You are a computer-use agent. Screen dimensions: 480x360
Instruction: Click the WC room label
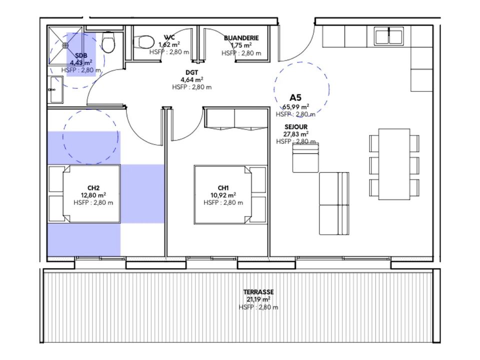pos(169,37)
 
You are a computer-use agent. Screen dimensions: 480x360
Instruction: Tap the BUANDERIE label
pos(241,38)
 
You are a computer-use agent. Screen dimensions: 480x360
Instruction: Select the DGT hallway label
pos(192,72)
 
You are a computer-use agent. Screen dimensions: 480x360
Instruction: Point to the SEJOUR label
pos(296,126)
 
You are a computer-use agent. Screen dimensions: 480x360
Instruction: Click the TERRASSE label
pos(258,292)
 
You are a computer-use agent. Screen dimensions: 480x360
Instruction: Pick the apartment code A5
pos(295,97)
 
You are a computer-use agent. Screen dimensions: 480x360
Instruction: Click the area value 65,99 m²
pos(295,107)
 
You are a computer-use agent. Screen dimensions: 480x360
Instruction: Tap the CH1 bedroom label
pos(223,188)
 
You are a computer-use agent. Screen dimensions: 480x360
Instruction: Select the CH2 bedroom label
pos(93,188)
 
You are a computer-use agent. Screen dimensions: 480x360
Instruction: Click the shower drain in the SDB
pos(65,45)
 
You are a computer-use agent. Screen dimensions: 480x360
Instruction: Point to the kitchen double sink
pos(389,36)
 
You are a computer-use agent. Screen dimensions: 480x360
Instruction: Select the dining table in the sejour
pos(394,164)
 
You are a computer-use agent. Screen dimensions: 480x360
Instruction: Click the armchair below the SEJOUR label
pos(305,158)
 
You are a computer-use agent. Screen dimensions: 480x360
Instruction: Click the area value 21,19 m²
pos(258,299)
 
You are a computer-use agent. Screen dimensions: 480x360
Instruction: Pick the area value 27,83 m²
pos(296,134)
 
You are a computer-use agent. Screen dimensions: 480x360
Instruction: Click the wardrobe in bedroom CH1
pos(235,118)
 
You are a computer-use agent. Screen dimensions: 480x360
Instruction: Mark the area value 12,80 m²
pos(93,195)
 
